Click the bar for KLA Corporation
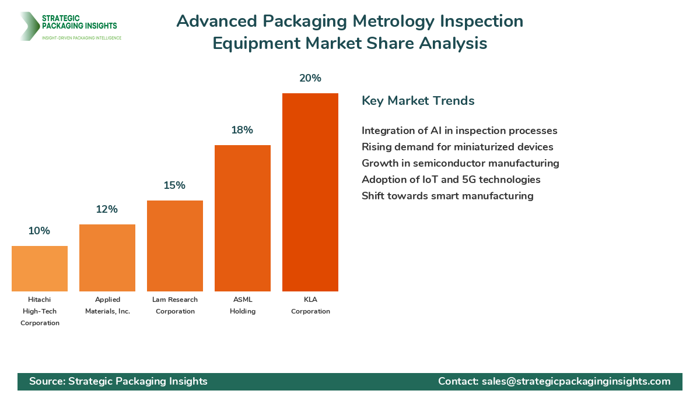(310, 192)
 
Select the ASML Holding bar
(243, 218)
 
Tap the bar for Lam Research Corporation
(175, 246)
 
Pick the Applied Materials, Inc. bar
(107, 258)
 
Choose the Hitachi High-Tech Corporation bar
(40, 269)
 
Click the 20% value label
(310, 78)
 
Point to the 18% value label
(242, 130)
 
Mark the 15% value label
(174, 185)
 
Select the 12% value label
(107, 209)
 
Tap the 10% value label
(39, 231)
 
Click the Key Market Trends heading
(418, 101)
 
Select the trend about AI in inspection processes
(459, 131)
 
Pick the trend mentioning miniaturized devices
(457, 147)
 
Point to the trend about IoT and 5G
(451, 180)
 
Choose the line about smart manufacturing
(447, 196)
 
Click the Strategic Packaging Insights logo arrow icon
(28, 26)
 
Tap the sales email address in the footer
(576, 381)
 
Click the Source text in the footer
(118, 381)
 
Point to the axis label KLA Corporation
(310, 305)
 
